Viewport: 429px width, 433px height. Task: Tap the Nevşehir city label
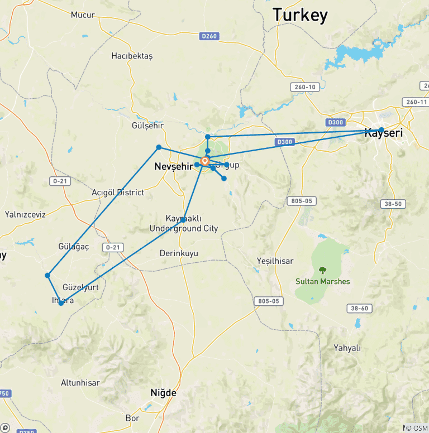pyautogui.click(x=174, y=166)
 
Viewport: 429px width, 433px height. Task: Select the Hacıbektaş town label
pyautogui.click(x=132, y=56)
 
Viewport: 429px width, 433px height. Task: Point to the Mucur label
pyautogui.click(x=83, y=15)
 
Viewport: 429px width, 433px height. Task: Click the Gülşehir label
pyautogui.click(x=147, y=125)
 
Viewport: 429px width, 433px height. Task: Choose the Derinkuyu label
pyautogui.click(x=179, y=253)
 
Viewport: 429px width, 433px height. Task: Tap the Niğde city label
pyautogui.click(x=163, y=393)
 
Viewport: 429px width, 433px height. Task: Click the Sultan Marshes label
pyautogui.click(x=323, y=281)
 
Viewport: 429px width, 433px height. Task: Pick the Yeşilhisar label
pyautogui.click(x=274, y=261)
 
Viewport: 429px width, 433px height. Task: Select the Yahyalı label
pyautogui.click(x=347, y=348)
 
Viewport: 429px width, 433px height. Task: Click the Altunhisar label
pyautogui.click(x=80, y=383)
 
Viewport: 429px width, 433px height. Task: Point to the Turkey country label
pyautogui.click(x=300, y=15)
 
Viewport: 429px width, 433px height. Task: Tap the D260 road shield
pyautogui.click(x=208, y=36)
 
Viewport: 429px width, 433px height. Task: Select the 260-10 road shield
pyautogui.click(x=304, y=87)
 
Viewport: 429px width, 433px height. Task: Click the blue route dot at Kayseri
pyautogui.click(x=382, y=130)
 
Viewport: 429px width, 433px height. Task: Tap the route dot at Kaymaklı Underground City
pyautogui.click(x=183, y=220)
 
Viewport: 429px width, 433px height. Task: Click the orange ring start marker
pyautogui.click(x=205, y=162)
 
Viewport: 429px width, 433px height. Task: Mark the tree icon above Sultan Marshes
pyautogui.click(x=322, y=270)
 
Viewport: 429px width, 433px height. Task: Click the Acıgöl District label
pyautogui.click(x=118, y=193)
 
